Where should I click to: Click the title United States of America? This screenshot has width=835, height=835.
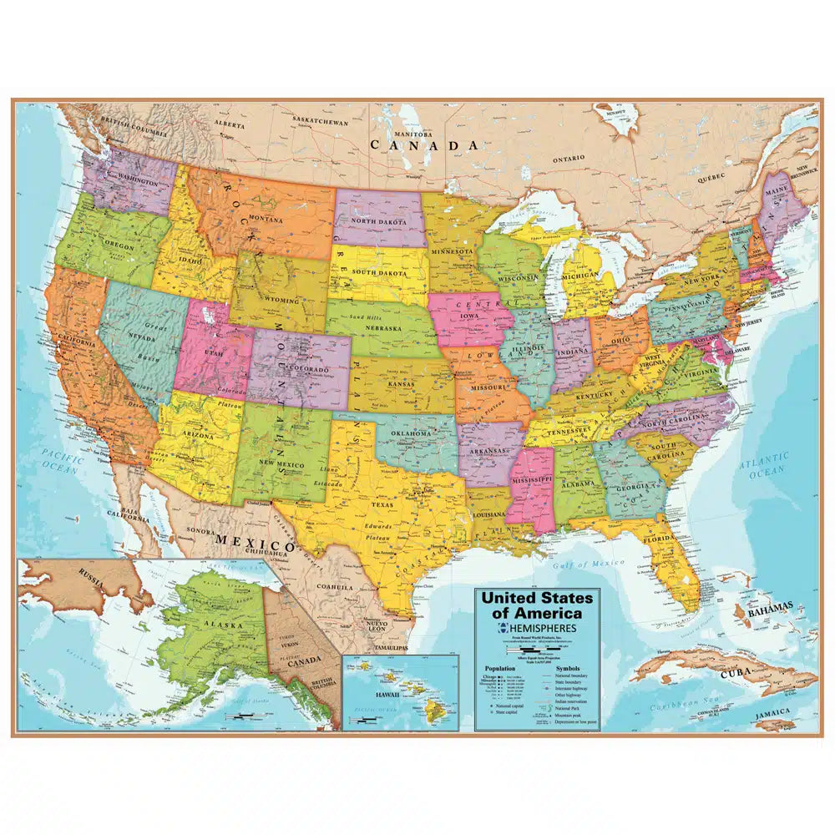534,606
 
